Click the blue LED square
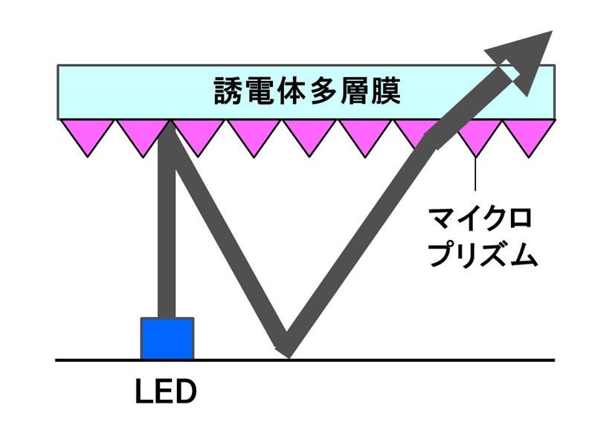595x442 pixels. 167,338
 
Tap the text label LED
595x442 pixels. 166,391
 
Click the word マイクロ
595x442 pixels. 480,220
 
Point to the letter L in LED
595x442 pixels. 144,391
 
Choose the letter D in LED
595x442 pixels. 187,391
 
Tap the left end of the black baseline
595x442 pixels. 58,360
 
